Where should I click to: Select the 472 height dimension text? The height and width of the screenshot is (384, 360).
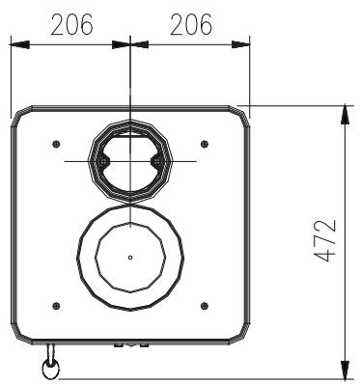[x=329, y=240]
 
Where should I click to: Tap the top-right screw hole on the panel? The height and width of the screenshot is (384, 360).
[x=204, y=144]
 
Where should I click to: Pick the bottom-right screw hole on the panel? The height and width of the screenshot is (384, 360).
[x=204, y=305]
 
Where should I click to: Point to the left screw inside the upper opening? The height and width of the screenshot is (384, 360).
[x=103, y=160]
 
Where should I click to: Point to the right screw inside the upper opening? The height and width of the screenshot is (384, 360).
[x=156, y=160]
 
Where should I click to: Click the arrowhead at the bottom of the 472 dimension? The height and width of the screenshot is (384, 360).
[x=345, y=370]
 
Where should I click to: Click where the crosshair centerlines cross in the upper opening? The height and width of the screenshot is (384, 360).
[x=129, y=160]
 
